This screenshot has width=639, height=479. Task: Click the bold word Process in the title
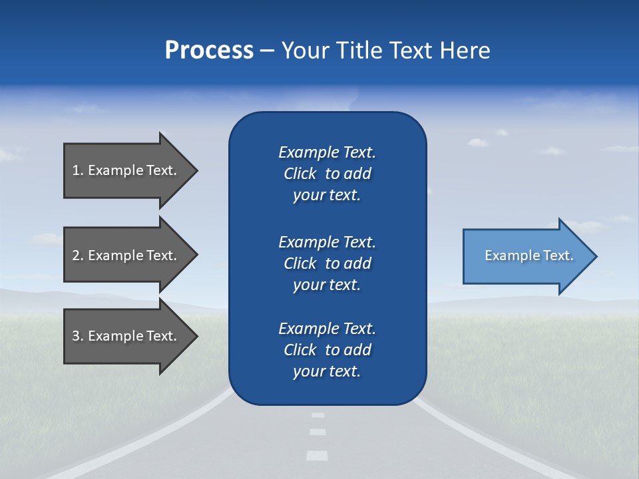click(x=209, y=50)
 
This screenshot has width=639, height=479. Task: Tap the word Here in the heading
click(x=464, y=50)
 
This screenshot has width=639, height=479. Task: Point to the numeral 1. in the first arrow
click(x=78, y=170)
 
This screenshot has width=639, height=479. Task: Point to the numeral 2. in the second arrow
click(x=78, y=255)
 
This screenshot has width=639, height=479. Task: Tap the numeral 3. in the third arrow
click(x=78, y=336)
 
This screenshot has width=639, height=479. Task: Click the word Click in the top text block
click(x=300, y=174)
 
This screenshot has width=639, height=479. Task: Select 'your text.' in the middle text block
click(x=327, y=285)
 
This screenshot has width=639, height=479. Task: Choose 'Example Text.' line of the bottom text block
click(x=327, y=329)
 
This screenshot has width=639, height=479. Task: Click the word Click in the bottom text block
click(x=300, y=350)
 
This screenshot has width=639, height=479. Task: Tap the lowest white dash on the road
click(x=317, y=456)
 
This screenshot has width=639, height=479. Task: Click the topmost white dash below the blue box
click(x=318, y=415)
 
